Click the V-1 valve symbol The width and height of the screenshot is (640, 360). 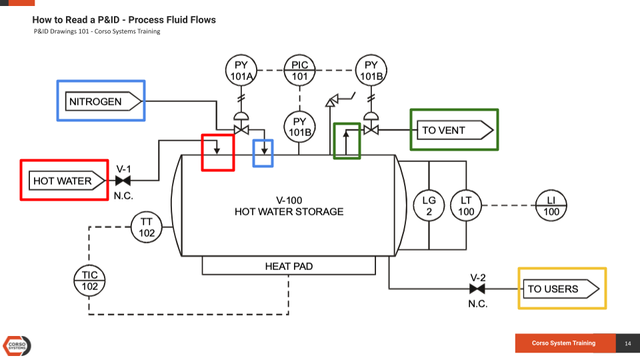click(x=123, y=181)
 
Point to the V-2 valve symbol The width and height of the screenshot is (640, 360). click(x=477, y=289)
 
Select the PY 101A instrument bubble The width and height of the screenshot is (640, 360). click(x=240, y=71)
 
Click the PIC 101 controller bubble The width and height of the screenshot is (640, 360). click(x=300, y=71)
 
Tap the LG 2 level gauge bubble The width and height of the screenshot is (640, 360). click(x=429, y=206)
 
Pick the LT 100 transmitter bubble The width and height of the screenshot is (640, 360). click(x=466, y=206)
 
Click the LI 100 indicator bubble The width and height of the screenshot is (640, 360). click(x=551, y=206)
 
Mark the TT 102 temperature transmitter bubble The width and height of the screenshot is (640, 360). click(x=147, y=227)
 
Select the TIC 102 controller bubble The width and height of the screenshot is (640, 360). click(x=89, y=281)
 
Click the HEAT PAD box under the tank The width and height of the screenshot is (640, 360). click(x=289, y=266)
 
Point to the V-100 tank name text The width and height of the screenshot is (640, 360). click(x=289, y=200)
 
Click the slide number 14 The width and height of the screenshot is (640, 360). click(x=627, y=343)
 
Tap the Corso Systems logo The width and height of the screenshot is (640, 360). click(x=17, y=345)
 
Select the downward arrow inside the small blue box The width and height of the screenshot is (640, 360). click(x=263, y=149)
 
